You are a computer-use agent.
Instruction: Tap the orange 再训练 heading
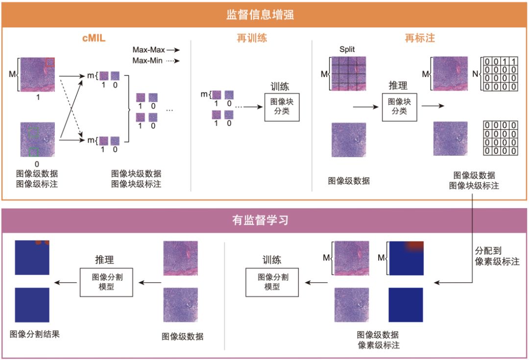coord(251,38)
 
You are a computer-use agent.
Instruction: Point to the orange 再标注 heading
coord(420,38)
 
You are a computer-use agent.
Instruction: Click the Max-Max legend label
coord(148,50)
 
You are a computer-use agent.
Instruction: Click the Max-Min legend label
coord(148,61)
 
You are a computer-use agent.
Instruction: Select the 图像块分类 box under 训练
coord(282,107)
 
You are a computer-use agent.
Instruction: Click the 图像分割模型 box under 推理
coord(106,282)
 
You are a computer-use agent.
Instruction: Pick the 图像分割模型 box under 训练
coord(272,282)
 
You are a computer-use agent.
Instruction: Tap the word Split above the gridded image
coord(347,49)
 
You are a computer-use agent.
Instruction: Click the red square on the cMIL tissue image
coord(50,62)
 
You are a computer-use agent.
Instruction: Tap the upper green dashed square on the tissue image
coord(33,133)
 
